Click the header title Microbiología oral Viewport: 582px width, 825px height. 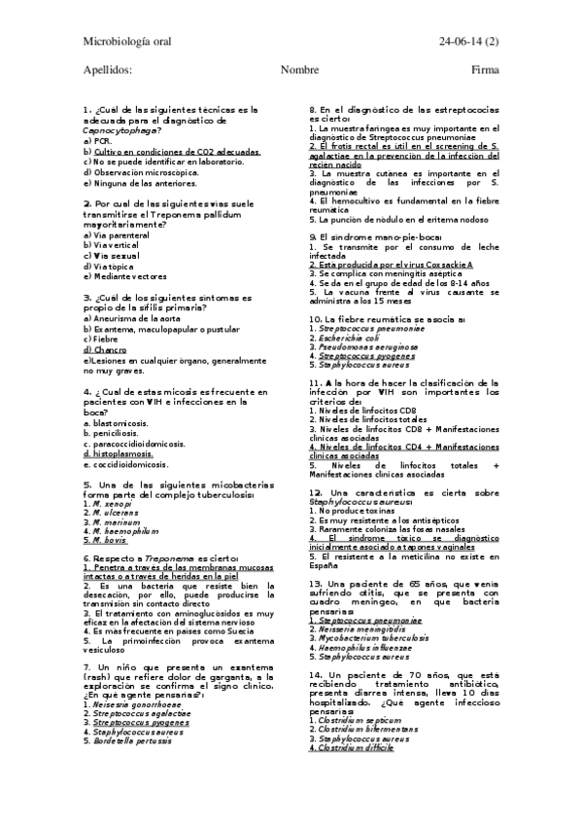125,40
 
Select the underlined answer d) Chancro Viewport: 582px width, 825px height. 105,349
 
